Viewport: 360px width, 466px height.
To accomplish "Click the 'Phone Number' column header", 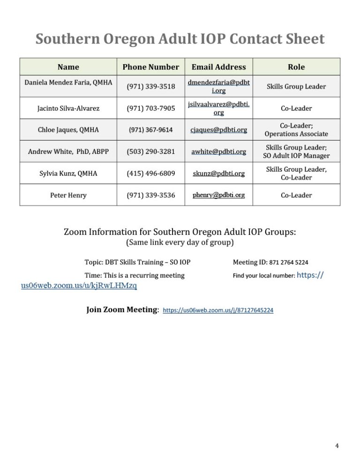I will (150, 67).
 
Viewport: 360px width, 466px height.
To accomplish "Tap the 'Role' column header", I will (296, 67).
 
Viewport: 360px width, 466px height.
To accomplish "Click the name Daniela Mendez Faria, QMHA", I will (68, 83).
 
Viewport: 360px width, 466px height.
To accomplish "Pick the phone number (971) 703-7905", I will (151, 109).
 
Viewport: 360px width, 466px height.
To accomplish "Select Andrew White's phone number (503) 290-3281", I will (151, 151).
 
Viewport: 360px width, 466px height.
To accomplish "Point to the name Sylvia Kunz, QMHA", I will (68, 173).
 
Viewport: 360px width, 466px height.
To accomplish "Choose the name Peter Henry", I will (68, 195).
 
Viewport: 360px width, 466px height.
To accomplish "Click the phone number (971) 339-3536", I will (151, 195).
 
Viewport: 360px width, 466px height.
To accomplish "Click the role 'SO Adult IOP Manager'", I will (296, 156).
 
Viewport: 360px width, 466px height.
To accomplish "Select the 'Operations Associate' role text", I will (296, 134).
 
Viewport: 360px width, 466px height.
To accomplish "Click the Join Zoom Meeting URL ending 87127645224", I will (218, 310).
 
